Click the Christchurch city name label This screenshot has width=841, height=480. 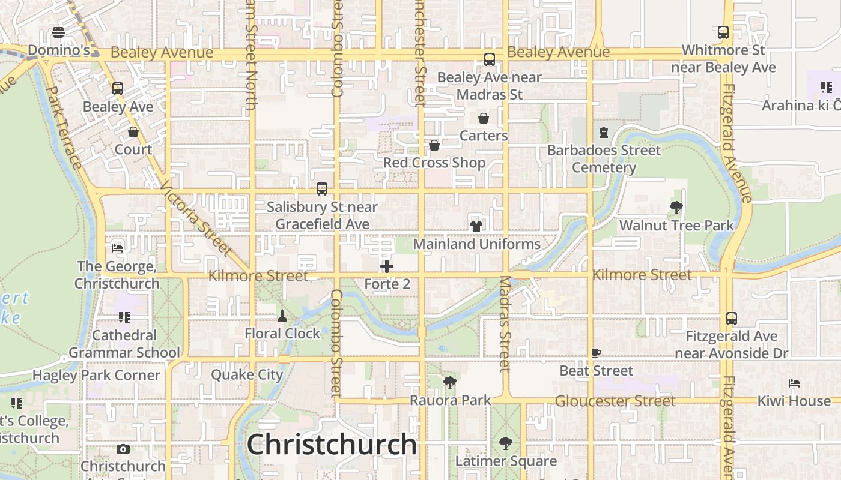click(332, 445)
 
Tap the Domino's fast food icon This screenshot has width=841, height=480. click(58, 32)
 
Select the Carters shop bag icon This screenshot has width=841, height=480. click(484, 118)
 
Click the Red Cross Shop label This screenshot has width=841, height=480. click(434, 163)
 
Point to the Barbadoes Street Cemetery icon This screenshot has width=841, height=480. click(604, 133)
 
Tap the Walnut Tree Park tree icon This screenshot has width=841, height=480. click(676, 208)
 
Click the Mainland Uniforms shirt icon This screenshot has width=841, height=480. click(476, 226)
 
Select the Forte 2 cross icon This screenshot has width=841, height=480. click(387, 266)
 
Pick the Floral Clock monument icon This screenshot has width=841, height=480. click(282, 316)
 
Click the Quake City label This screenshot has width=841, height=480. click(247, 375)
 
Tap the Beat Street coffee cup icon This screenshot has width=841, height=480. click(596, 353)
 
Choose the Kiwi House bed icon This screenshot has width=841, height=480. click(794, 383)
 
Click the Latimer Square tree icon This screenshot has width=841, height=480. click(506, 443)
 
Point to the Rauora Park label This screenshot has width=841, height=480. click(451, 400)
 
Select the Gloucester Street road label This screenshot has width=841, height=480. click(616, 401)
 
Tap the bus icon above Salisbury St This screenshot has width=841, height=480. click(322, 189)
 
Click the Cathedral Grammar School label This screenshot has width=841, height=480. click(124, 344)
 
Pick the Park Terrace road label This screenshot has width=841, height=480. click(64, 127)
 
